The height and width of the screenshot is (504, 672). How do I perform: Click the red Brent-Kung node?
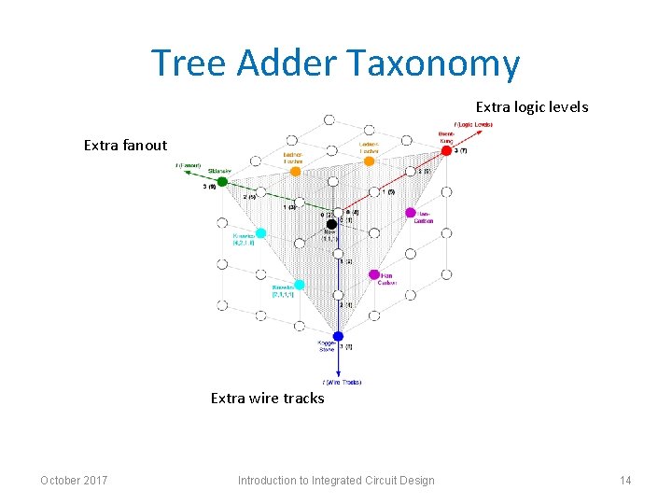(446, 150)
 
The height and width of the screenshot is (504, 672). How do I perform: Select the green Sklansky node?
(222, 182)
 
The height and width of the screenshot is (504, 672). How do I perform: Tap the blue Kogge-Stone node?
(338, 336)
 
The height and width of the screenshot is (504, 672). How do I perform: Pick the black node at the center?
(331, 224)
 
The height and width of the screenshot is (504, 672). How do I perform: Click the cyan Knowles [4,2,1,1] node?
(260, 232)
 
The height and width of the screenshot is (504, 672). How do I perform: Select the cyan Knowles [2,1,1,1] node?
(299, 285)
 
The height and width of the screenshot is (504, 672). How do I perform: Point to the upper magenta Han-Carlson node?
(410, 213)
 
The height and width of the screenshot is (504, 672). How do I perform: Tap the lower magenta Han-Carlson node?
(373, 274)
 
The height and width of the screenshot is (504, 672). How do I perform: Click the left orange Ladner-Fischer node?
(295, 171)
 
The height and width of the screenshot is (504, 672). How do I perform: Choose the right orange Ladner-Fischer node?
(369, 161)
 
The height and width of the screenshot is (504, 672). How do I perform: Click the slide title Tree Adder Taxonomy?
(335, 63)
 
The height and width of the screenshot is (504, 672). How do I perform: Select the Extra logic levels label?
(532, 107)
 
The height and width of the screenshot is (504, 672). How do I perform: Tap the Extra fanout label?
(125, 145)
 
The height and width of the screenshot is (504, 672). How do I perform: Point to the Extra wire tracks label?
(267, 399)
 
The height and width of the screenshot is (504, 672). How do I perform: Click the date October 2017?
(74, 481)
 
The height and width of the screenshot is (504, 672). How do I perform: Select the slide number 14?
(624, 481)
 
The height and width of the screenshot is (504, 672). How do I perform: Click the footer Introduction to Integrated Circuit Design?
(336, 481)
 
